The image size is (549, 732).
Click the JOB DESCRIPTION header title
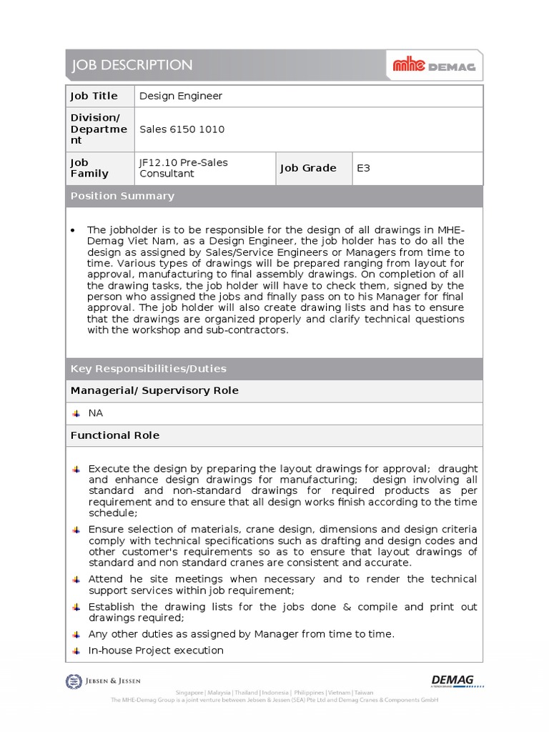point(131,66)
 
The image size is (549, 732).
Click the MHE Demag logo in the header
point(434,66)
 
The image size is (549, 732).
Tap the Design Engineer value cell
point(180,96)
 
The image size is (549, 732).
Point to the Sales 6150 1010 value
point(182,129)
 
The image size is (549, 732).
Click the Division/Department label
point(98,129)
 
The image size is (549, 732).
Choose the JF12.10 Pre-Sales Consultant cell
point(183,168)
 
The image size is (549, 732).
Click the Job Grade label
point(307,168)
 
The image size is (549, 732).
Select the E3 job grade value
point(364,168)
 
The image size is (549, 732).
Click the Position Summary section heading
point(122,196)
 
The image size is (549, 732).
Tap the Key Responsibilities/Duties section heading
point(148,369)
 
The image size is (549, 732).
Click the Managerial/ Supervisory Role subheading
point(154,390)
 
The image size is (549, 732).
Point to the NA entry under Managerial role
point(95,413)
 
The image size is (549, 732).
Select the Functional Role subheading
point(114,435)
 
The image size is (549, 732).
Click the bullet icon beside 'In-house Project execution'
point(76,651)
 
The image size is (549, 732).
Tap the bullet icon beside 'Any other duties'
point(76,634)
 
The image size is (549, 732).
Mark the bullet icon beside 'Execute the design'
point(76,469)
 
